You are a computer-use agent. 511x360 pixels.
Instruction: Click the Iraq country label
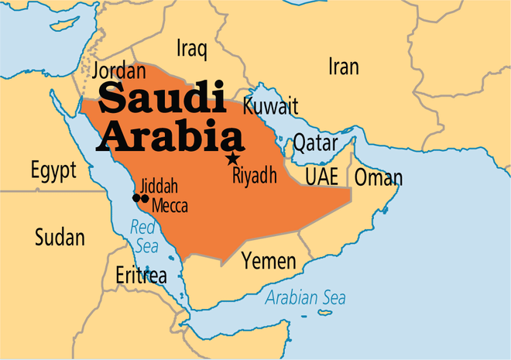point(192,50)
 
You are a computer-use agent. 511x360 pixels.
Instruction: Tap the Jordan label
point(120,72)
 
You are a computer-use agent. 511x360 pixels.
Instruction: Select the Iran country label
point(343,67)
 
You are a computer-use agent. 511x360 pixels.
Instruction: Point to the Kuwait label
point(269,105)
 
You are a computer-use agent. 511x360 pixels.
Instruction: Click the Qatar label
point(314,143)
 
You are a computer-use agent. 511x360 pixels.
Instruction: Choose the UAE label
point(321,177)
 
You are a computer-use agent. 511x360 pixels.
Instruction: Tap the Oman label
point(378,178)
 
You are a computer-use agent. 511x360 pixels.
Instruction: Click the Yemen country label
point(268,261)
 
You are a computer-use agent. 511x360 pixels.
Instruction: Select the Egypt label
point(53,170)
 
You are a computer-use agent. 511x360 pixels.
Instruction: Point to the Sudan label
point(59,238)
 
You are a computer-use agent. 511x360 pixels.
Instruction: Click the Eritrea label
point(141,275)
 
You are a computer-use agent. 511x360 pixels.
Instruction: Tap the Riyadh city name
point(254,177)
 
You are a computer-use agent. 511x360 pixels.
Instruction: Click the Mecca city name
point(170,206)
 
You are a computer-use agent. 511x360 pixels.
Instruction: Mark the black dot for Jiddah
point(136,198)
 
